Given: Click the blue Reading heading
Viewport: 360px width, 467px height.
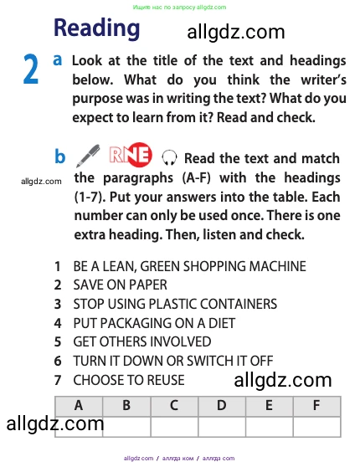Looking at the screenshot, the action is click(97, 28).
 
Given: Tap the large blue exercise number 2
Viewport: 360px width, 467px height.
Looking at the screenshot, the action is click(31, 69).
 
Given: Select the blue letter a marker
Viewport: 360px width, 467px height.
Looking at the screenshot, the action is click(58, 60).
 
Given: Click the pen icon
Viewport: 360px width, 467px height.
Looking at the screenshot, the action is click(88, 155).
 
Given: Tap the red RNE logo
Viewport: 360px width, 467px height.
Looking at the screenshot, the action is click(131, 155).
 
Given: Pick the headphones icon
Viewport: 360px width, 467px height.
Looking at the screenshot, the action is click(169, 157).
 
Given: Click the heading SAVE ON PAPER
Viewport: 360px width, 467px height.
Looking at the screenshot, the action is click(120, 285).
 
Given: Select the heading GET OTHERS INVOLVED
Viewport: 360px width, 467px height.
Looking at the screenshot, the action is click(142, 342).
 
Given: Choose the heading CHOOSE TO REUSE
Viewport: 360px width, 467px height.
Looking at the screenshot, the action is click(129, 380).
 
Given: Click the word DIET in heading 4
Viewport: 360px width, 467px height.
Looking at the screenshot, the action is click(222, 323).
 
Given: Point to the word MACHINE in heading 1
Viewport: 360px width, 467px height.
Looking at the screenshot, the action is click(277, 266).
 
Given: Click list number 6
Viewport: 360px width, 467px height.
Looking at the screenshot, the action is click(58, 361).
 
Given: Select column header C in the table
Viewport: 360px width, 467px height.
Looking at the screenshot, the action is click(174, 406).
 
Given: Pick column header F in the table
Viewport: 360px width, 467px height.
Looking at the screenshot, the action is click(316, 406).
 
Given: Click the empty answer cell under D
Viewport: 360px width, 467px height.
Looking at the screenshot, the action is click(222, 427).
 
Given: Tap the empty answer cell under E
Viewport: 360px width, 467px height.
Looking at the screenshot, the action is click(269, 427).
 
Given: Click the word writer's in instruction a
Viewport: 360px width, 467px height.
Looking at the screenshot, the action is click(323, 80).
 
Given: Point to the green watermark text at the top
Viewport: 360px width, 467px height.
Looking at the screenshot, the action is click(179, 7).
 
